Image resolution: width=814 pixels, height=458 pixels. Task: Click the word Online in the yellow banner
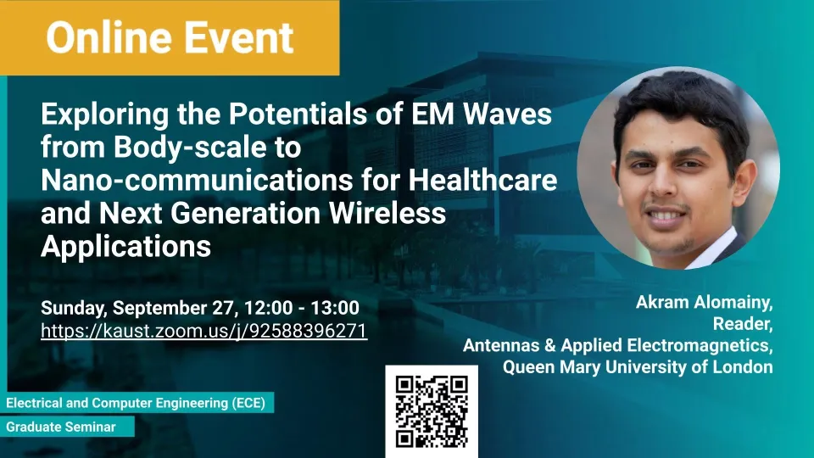tap(109, 37)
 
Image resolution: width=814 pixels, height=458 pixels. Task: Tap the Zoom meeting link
tap(204, 331)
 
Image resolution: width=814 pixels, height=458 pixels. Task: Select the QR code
tap(432, 411)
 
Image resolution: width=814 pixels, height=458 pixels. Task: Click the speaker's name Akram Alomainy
tap(704, 302)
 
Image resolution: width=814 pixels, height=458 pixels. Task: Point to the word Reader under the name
tap(743, 323)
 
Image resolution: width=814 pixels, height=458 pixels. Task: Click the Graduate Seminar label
tap(61, 427)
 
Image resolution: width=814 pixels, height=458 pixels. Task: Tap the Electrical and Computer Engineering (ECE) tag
tap(136, 403)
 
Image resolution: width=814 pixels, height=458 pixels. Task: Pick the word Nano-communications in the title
tap(197, 180)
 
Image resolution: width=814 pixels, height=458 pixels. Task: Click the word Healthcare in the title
tap(482, 180)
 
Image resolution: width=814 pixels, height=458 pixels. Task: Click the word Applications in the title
tap(126, 246)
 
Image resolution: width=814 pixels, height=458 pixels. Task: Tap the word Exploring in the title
tap(105, 114)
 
